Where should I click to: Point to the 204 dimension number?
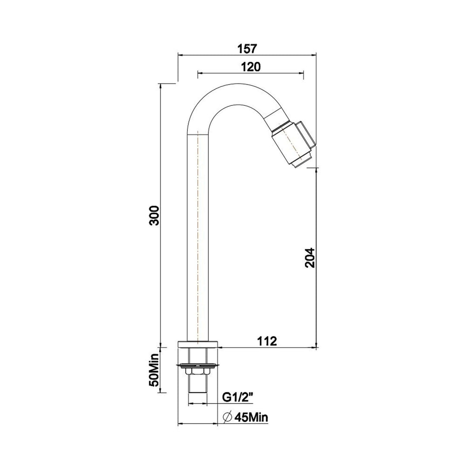(310, 258)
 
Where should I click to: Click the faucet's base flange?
(198, 344)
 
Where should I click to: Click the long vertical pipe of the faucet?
(198, 237)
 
